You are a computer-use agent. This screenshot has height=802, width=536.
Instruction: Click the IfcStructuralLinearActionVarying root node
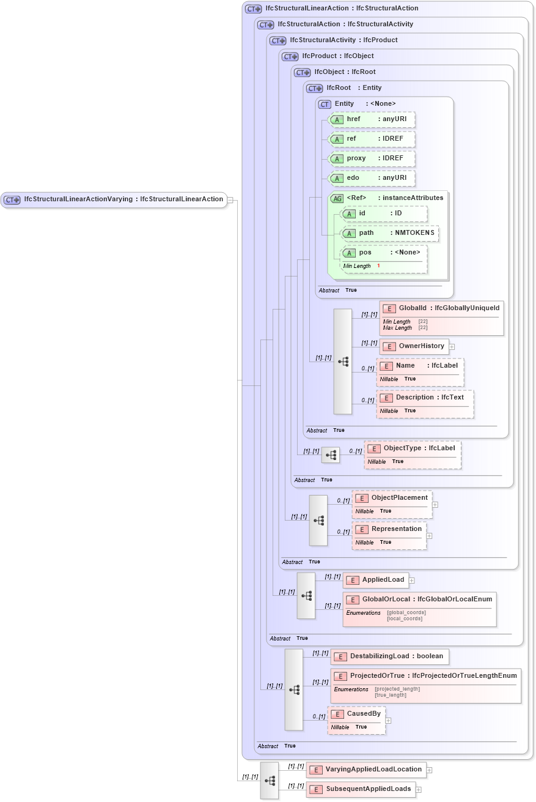click(114, 199)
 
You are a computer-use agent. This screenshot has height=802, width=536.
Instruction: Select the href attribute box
click(372, 119)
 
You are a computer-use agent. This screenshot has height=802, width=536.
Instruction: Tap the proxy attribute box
click(372, 158)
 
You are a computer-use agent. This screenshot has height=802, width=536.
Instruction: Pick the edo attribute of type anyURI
click(372, 178)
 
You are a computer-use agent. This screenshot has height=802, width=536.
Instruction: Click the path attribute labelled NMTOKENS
click(389, 233)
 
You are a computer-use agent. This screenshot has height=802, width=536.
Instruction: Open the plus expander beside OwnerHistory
click(452, 346)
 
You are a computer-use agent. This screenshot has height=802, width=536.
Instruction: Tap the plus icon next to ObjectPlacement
click(435, 505)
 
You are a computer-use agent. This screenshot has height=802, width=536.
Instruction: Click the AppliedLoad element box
click(376, 580)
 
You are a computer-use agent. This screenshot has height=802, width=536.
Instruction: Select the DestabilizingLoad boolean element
click(389, 656)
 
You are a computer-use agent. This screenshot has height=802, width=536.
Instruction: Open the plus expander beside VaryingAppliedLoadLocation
click(429, 770)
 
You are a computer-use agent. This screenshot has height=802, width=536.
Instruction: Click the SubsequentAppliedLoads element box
click(361, 789)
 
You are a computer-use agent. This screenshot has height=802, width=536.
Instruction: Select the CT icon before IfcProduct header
click(290, 56)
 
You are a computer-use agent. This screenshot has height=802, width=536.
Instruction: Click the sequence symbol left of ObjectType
click(331, 455)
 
